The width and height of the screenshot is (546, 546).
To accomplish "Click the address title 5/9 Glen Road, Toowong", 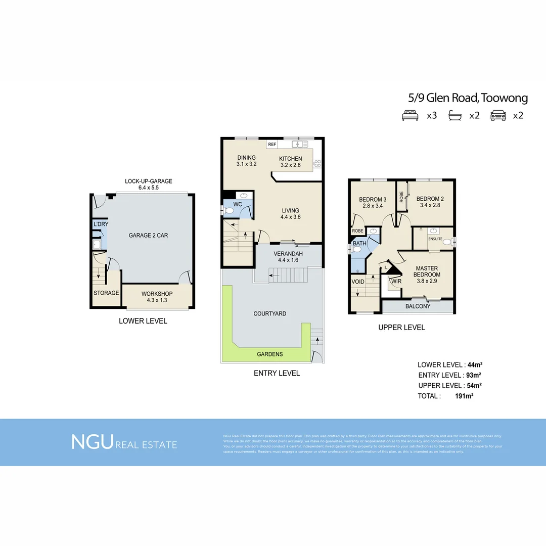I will pos(468,98).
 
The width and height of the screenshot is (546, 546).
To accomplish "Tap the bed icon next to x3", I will pos(409,116).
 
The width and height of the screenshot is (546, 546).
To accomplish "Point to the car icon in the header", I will pos(498,116).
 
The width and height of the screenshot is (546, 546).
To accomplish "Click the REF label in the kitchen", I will pos(272,145).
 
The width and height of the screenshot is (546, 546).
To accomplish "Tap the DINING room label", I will pos(246,158).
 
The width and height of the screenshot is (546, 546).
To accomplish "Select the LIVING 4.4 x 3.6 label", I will pos(290,214).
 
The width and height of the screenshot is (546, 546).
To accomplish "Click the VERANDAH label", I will pos(288,254).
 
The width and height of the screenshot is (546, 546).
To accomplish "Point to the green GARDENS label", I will pos(269,354).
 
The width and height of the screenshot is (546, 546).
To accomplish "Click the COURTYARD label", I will pos(269,313).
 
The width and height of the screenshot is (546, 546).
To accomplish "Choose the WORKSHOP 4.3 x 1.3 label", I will pos(157,297).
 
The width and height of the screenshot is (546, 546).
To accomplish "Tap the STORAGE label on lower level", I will pos(106,293).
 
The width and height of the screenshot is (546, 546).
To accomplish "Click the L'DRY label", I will pos(101,224).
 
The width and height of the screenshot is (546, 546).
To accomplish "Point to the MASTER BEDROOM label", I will pos(427,271).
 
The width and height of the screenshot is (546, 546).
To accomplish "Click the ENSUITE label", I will pos(435,239).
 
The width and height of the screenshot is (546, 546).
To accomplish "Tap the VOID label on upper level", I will pos(358,282).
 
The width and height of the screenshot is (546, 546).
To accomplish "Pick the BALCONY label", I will pos(418,306).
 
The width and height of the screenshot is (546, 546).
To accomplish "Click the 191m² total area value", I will pos(464,396).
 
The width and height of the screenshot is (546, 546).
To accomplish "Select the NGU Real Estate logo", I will pos(124,442).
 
